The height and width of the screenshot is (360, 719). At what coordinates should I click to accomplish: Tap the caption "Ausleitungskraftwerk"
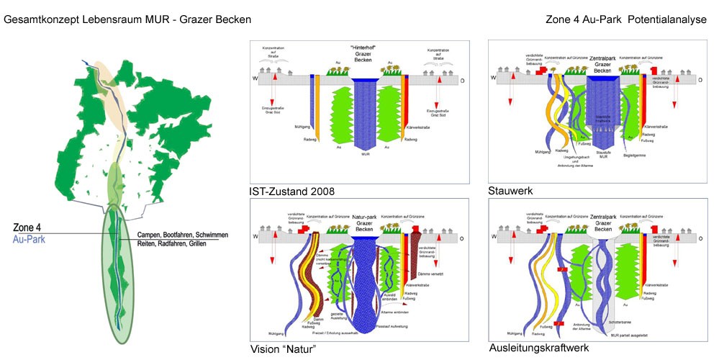(538, 348)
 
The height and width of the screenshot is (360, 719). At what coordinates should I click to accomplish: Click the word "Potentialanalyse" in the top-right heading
(667, 19)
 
